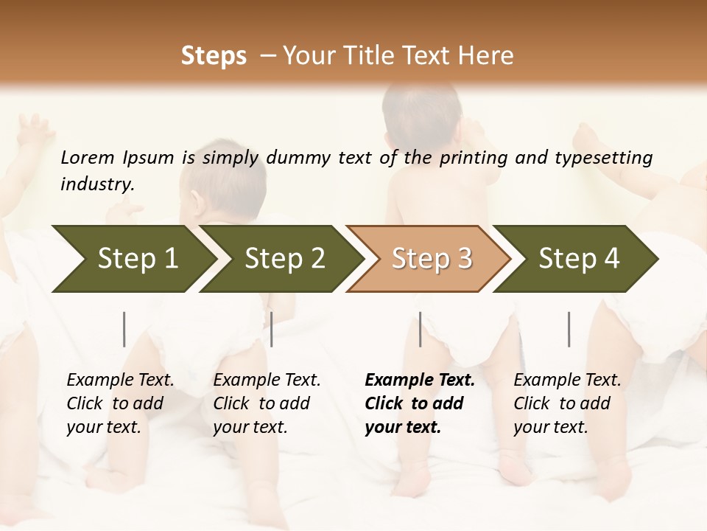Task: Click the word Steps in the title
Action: [214, 56]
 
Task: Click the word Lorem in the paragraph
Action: [87, 157]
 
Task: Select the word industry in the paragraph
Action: [96, 184]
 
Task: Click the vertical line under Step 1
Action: [124, 329]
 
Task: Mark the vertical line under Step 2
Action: [272, 329]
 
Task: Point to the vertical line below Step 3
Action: [420, 329]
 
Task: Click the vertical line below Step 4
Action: [569, 329]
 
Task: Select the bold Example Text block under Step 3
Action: [420, 403]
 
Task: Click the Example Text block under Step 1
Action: [120, 403]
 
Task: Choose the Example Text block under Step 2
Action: [267, 403]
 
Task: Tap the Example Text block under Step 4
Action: [567, 403]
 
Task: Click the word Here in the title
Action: [487, 56]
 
